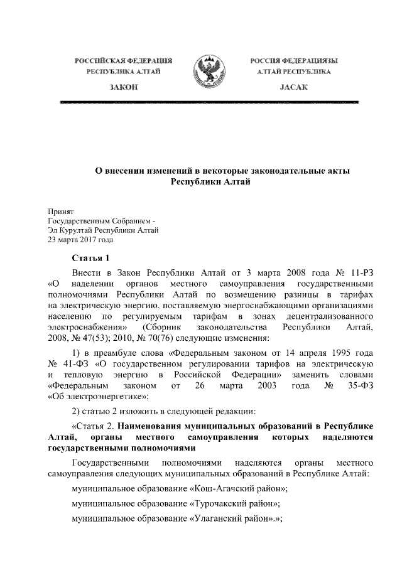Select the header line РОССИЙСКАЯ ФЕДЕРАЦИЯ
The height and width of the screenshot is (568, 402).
pyautogui.click(x=124, y=60)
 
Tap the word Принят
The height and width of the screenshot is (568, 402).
pyautogui.click(x=61, y=212)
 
